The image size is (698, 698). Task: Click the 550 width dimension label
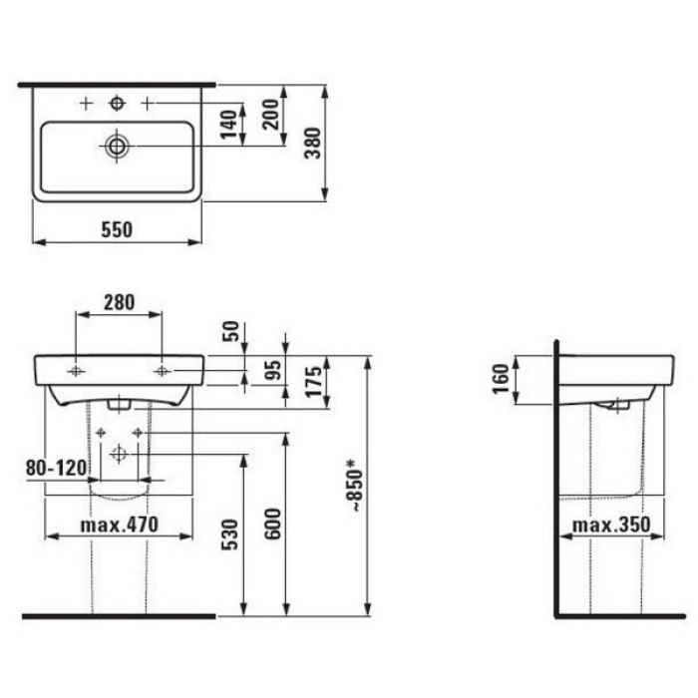(x=116, y=228)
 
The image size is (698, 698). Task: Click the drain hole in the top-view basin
(x=118, y=146)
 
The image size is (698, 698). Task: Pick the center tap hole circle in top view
(x=118, y=103)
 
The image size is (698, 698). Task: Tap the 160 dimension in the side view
(x=501, y=379)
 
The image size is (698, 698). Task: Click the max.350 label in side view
(x=610, y=524)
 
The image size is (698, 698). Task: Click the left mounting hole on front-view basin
(x=76, y=371)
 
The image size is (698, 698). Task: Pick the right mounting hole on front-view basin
(x=162, y=371)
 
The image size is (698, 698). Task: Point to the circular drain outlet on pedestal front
(x=120, y=454)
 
